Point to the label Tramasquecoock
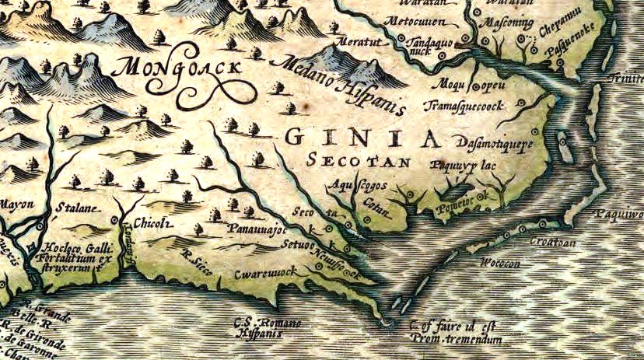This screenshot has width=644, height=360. click(464, 104)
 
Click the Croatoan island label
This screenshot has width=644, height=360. click(553, 242)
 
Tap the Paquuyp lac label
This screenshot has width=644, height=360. click(462, 165)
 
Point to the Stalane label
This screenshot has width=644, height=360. click(79, 208)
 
